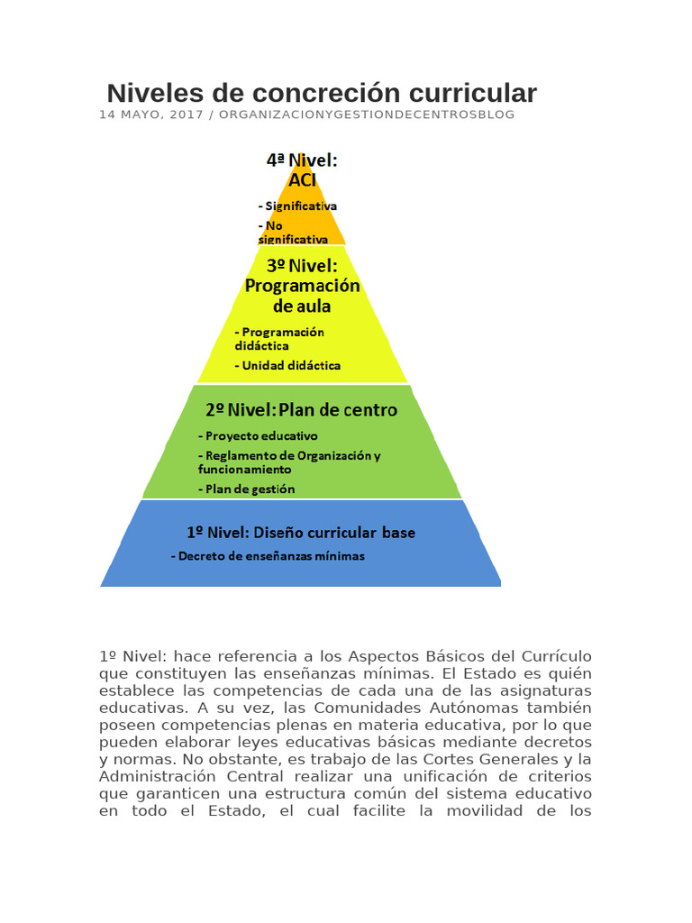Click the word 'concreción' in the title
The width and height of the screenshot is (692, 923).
click(320, 93)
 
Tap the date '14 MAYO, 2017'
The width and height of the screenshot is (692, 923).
click(150, 115)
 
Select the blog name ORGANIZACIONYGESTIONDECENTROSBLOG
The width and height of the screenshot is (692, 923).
click(367, 115)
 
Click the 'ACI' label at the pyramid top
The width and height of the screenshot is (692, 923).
click(302, 179)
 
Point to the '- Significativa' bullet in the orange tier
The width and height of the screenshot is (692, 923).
click(297, 206)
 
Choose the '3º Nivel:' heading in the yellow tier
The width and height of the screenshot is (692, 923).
click(302, 266)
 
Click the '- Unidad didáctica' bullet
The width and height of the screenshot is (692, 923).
click(287, 366)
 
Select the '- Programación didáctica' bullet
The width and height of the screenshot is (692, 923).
click(279, 338)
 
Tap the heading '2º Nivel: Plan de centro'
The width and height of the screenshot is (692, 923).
click(301, 410)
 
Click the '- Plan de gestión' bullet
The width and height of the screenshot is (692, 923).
click(246, 489)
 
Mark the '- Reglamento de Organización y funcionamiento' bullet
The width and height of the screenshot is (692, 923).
click(288, 462)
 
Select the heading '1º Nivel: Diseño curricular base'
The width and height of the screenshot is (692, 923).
click(301, 533)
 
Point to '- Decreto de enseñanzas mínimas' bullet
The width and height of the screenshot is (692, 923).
click(268, 556)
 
